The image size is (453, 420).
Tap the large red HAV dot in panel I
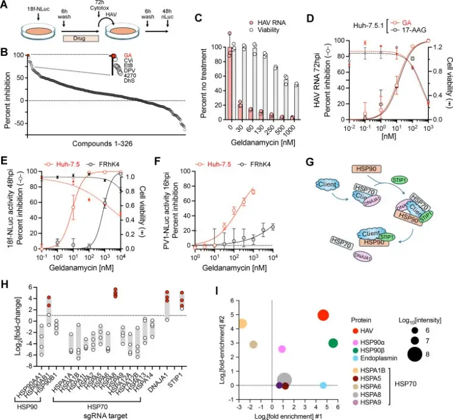click(323, 315)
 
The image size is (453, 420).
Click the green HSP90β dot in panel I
click(333, 343)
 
